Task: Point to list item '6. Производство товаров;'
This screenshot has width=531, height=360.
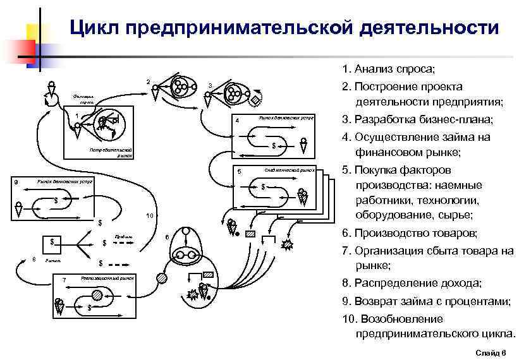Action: (410, 233)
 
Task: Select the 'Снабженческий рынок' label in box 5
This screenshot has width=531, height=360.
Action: (290, 170)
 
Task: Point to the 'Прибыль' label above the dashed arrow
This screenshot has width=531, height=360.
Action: (123, 236)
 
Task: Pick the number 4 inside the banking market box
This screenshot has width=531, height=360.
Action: (236, 121)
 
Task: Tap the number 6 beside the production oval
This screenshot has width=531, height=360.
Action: (166, 237)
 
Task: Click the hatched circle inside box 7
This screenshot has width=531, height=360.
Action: (97, 295)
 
